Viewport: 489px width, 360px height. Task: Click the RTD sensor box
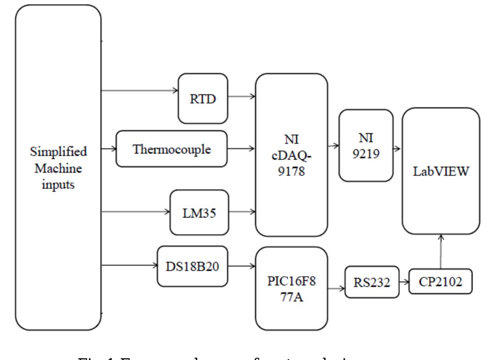pyautogui.click(x=203, y=98)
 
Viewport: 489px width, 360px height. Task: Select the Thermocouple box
pyautogui.click(x=172, y=149)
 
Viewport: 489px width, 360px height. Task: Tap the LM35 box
pyautogui.click(x=199, y=212)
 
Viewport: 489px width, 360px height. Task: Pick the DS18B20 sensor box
pyautogui.click(x=192, y=267)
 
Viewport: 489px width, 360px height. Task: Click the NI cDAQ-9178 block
pyautogui.click(x=292, y=155)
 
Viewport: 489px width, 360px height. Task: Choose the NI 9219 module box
pyautogui.click(x=366, y=146)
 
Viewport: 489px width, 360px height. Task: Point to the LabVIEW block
pyautogui.click(x=441, y=171)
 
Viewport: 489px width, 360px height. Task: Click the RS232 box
pyautogui.click(x=371, y=282)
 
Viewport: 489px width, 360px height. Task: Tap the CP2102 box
pyautogui.click(x=440, y=281)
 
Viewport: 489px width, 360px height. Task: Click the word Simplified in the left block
pyautogui.click(x=59, y=151)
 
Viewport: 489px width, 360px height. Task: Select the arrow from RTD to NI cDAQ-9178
pyautogui.click(x=241, y=97)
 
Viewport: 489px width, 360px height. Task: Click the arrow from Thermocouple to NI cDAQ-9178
pyautogui.click(x=241, y=148)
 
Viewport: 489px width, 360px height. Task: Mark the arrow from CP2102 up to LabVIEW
pyautogui.click(x=440, y=251)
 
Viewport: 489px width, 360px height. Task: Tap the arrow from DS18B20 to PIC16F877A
pyautogui.click(x=241, y=265)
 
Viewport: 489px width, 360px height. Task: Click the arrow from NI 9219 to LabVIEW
pyautogui.click(x=397, y=149)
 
